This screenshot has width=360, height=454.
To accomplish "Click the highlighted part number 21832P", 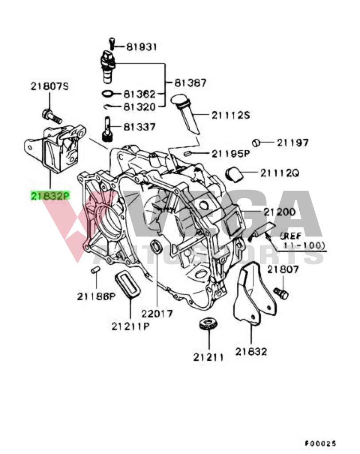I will pos(50,195).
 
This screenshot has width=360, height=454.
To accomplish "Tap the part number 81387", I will pos(190,83).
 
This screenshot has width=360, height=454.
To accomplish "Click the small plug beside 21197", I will pos(256,143).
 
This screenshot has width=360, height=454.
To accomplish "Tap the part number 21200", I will pos(279,212).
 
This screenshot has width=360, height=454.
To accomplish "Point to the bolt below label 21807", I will pos(281,293).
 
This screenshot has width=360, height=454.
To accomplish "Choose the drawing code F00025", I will pos(320,443).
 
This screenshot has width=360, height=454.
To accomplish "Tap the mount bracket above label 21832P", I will pos(55,148).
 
